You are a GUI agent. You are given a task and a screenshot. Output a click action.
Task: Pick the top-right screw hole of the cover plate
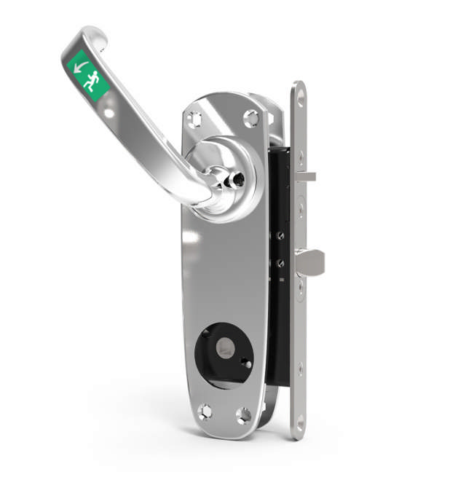[251, 117]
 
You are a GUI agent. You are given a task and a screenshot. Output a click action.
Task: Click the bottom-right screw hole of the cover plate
[244, 415]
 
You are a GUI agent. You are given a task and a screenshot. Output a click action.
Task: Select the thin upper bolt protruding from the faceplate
[306, 176]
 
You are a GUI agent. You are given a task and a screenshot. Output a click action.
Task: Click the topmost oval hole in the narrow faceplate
[298, 93]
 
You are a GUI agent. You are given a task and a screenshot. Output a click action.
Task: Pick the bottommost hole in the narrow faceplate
[299, 421]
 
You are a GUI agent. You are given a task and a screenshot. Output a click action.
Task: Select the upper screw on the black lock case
[277, 235]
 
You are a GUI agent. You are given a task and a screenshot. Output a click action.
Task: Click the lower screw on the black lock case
[277, 264]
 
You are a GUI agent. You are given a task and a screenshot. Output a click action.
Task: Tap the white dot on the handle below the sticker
[109, 113]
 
